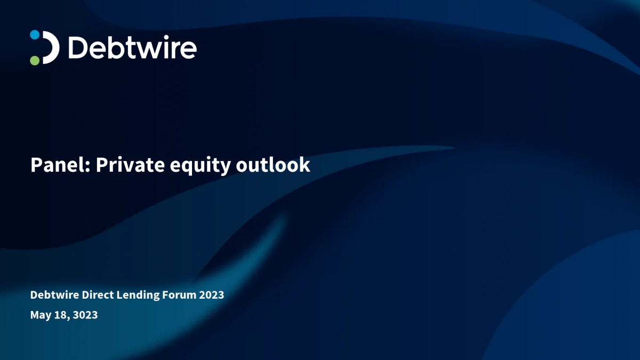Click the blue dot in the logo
[x=35, y=35]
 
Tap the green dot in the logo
[x=35, y=61]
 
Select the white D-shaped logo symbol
[x=51, y=47]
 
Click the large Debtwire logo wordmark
[x=133, y=47]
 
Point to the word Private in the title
[x=130, y=165]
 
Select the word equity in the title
[x=201, y=166]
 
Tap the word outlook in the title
[x=273, y=165]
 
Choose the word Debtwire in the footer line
[x=54, y=295]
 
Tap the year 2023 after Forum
[x=211, y=295]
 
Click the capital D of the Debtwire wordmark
[x=78, y=48]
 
